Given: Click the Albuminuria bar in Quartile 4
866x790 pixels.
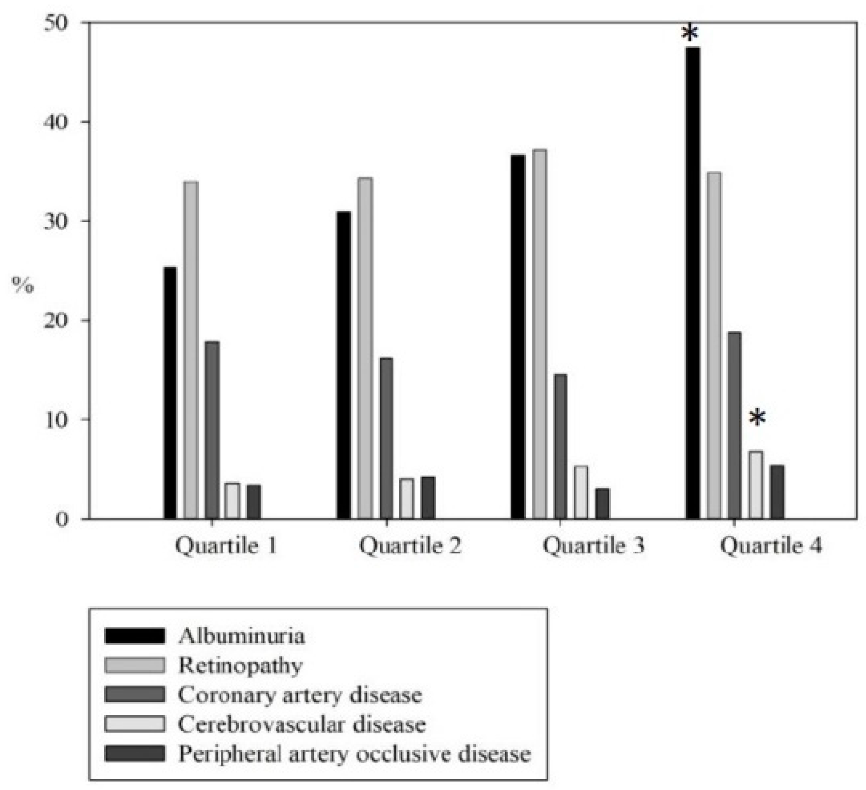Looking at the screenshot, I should click(693, 284).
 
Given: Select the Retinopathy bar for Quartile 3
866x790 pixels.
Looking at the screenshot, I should click(539, 335).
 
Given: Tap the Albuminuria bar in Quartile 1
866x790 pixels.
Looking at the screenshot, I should click(170, 393).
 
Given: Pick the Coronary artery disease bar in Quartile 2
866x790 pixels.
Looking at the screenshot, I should click(386, 438).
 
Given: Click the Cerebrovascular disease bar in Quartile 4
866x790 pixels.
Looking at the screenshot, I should click(756, 486).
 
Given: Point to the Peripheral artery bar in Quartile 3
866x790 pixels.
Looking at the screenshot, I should click(602, 504).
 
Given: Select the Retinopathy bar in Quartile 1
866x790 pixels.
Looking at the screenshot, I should click(191, 350).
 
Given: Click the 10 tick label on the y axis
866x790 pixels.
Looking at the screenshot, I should click(56, 420).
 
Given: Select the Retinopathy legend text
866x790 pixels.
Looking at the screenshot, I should click(241, 666).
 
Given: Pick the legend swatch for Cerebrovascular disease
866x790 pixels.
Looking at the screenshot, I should click(135, 724).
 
